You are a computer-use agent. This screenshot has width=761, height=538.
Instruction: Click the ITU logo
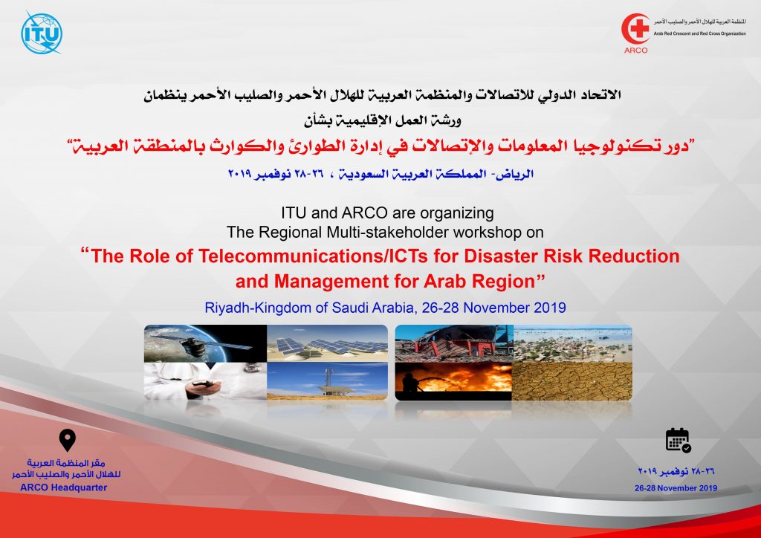pyautogui.click(x=42, y=33)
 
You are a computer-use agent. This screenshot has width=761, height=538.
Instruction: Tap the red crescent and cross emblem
pyautogui.click(x=636, y=29)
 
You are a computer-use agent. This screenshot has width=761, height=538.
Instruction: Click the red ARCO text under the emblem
pyautogui.click(x=636, y=51)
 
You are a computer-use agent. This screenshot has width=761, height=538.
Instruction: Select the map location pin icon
pyautogui.click(x=67, y=440)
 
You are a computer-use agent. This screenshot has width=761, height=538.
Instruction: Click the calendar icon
pyautogui.click(x=678, y=440)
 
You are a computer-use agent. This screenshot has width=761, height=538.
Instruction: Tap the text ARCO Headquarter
pyautogui.click(x=64, y=487)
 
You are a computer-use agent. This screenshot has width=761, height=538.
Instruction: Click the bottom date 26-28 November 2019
pyautogui.click(x=676, y=488)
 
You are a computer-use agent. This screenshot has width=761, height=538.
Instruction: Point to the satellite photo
pyautogui.click(x=205, y=343)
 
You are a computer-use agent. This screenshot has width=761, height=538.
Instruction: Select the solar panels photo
pyautogui.click(x=328, y=343)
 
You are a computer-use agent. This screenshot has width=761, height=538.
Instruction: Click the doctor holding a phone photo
pyautogui.click(x=205, y=381)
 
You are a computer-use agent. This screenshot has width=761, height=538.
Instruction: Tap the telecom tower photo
pyautogui.click(x=328, y=381)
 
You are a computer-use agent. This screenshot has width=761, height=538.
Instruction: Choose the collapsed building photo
pyautogui.click(x=454, y=343)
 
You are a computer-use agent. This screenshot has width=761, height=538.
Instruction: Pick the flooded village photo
pyautogui.click(x=573, y=343)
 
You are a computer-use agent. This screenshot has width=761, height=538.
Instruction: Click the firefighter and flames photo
pyautogui.click(x=454, y=382)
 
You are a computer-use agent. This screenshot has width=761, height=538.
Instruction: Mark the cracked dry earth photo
pyautogui.click(x=573, y=382)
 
